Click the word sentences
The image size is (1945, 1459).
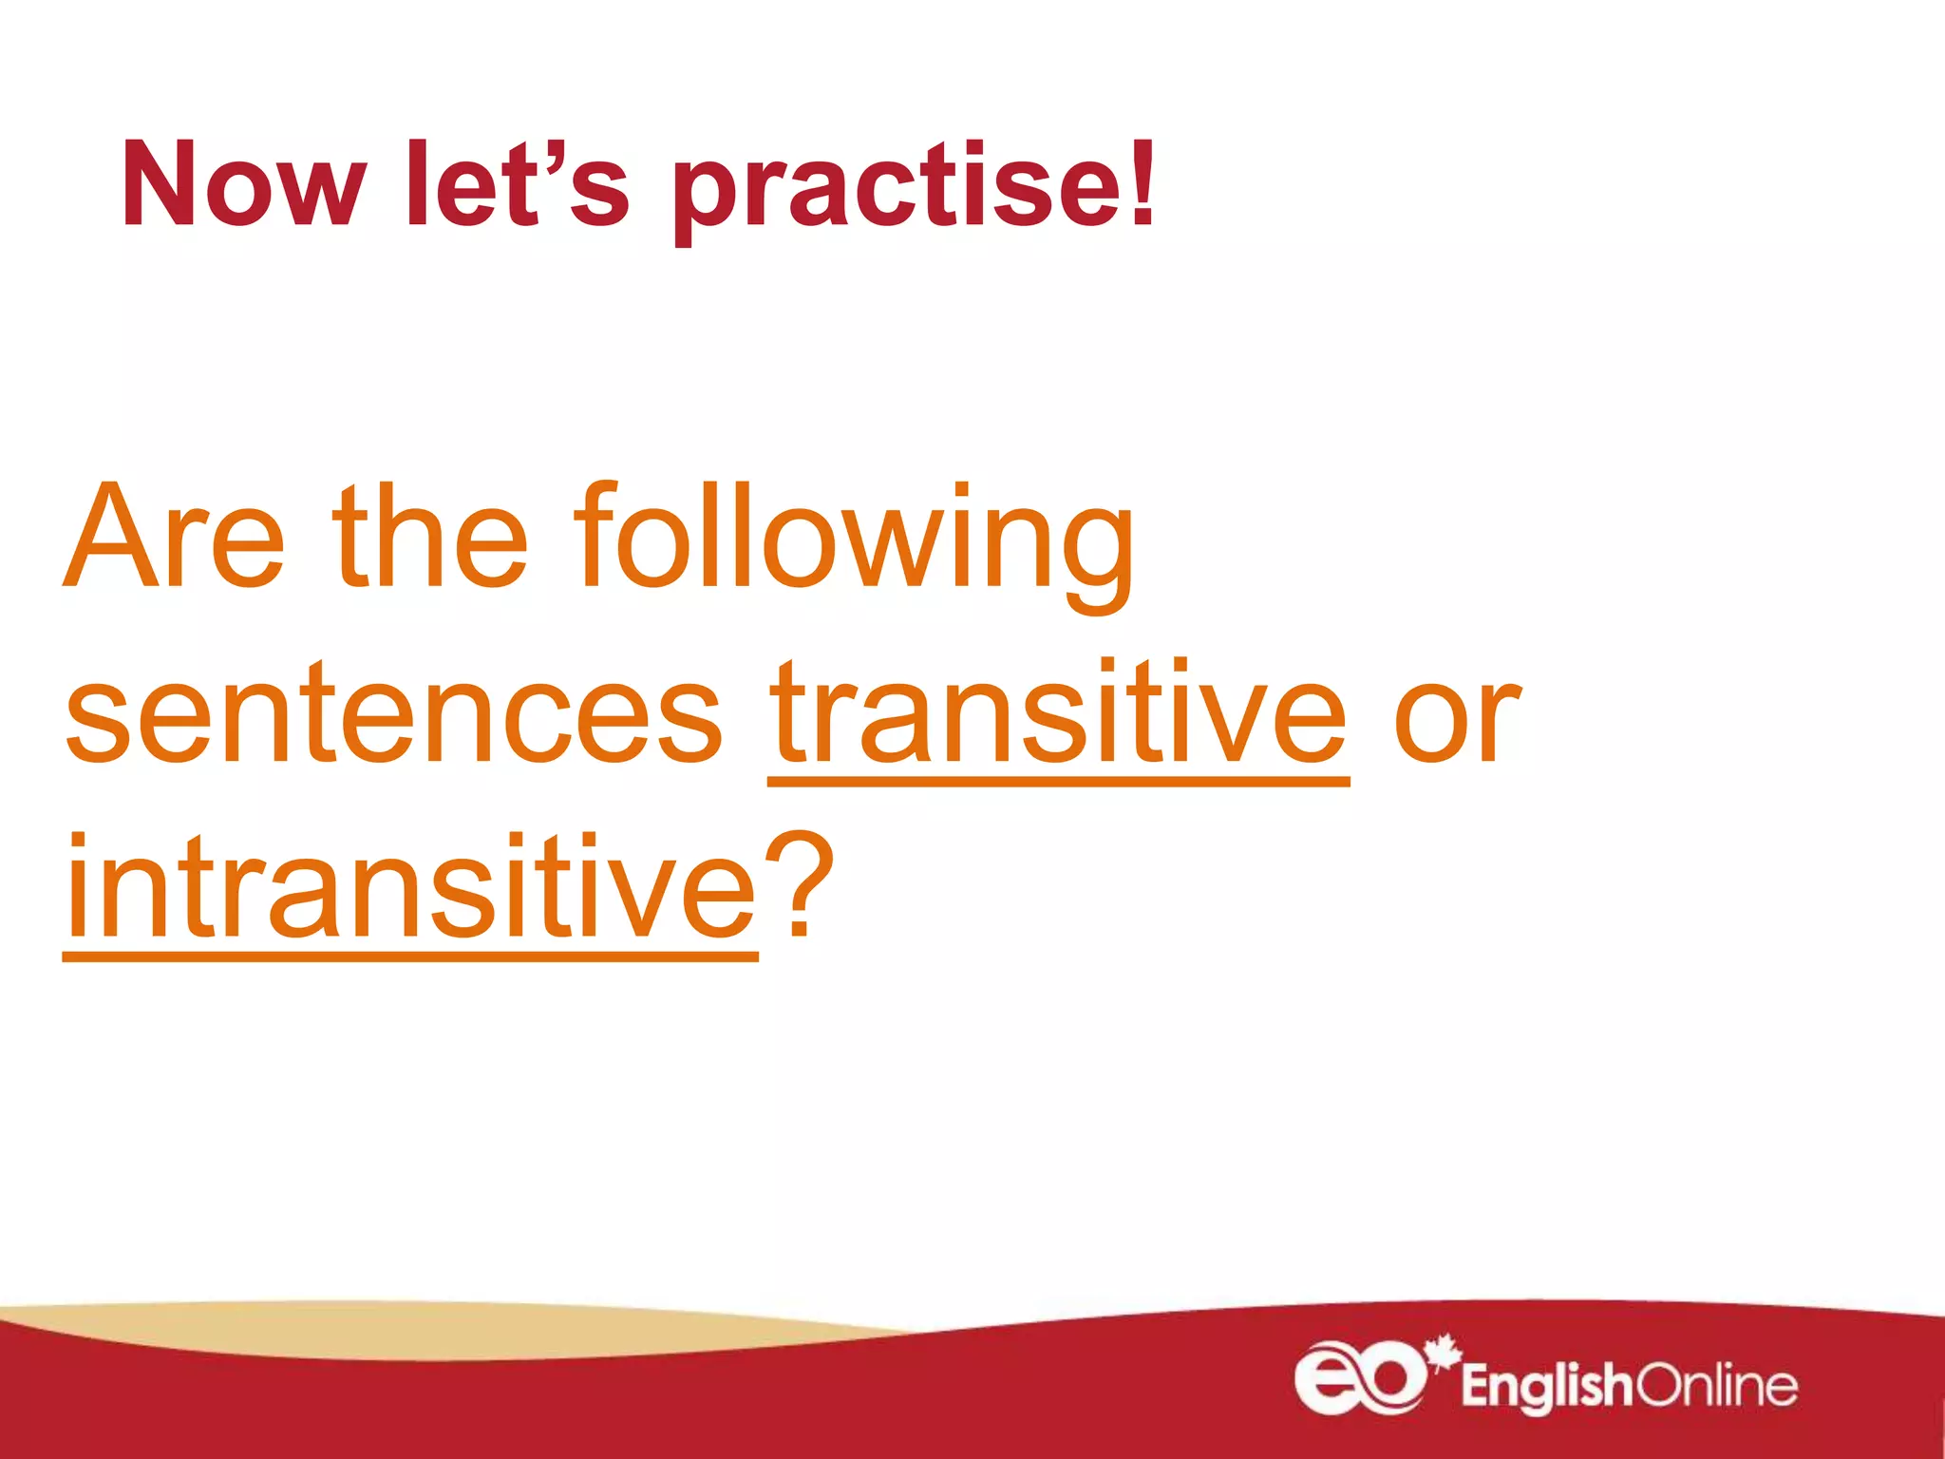pyautogui.click(x=394, y=712)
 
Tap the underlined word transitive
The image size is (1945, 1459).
pyautogui.click(x=1058, y=712)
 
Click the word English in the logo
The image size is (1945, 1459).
pyautogui.click(x=1546, y=1387)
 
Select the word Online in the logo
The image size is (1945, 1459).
pyautogui.click(x=1715, y=1386)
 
